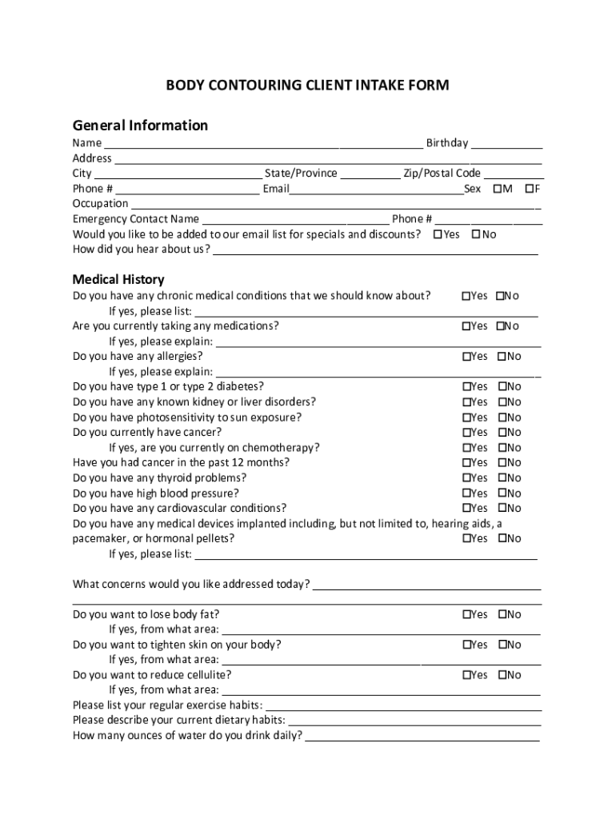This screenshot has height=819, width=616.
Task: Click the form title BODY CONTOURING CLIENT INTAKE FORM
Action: [x=307, y=86]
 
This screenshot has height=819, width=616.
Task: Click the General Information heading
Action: [x=140, y=126]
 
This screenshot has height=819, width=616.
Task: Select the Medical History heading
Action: [x=118, y=279]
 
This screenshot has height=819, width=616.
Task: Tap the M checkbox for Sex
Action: [x=498, y=189]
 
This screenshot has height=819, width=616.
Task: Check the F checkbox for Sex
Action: [x=529, y=189]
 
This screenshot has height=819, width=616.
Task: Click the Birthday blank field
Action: [x=506, y=144]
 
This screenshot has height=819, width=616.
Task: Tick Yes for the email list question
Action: [x=438, y=234]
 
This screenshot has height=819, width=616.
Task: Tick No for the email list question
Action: [x=476, y=234]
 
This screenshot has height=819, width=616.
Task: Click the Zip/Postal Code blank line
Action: [x=514, y=174]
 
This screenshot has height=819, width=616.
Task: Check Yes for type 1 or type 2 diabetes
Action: [x=466, y=387]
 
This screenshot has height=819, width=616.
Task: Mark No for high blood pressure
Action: [x=502, y=493]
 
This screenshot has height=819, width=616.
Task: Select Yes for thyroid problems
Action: [x=466, y=478]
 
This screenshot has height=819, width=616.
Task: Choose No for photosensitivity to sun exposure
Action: [x=502, y=417]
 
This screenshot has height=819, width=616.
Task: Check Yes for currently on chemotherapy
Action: [x=466, y=448]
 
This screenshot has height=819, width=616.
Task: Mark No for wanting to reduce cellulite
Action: [x=502, y=675]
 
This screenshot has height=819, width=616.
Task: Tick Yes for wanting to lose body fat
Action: [x=466, y=614]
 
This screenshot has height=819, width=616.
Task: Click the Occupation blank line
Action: [x=336, y=205]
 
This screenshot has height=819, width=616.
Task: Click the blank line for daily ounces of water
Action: [x=422, y=736]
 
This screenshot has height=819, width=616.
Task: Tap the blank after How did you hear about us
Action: [x=374, y=250]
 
